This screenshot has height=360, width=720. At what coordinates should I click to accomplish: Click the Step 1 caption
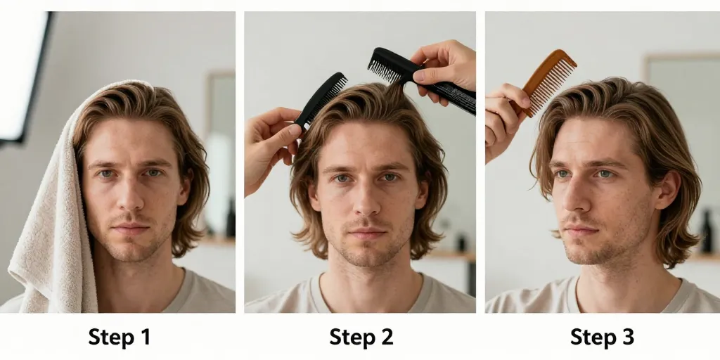[120, 337]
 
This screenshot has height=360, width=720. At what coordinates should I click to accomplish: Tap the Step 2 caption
[361, 337]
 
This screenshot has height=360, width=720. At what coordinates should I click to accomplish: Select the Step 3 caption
[602, 337]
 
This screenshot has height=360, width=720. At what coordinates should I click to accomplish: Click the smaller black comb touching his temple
[321, 99]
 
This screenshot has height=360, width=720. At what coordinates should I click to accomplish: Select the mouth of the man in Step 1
[130, 229]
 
